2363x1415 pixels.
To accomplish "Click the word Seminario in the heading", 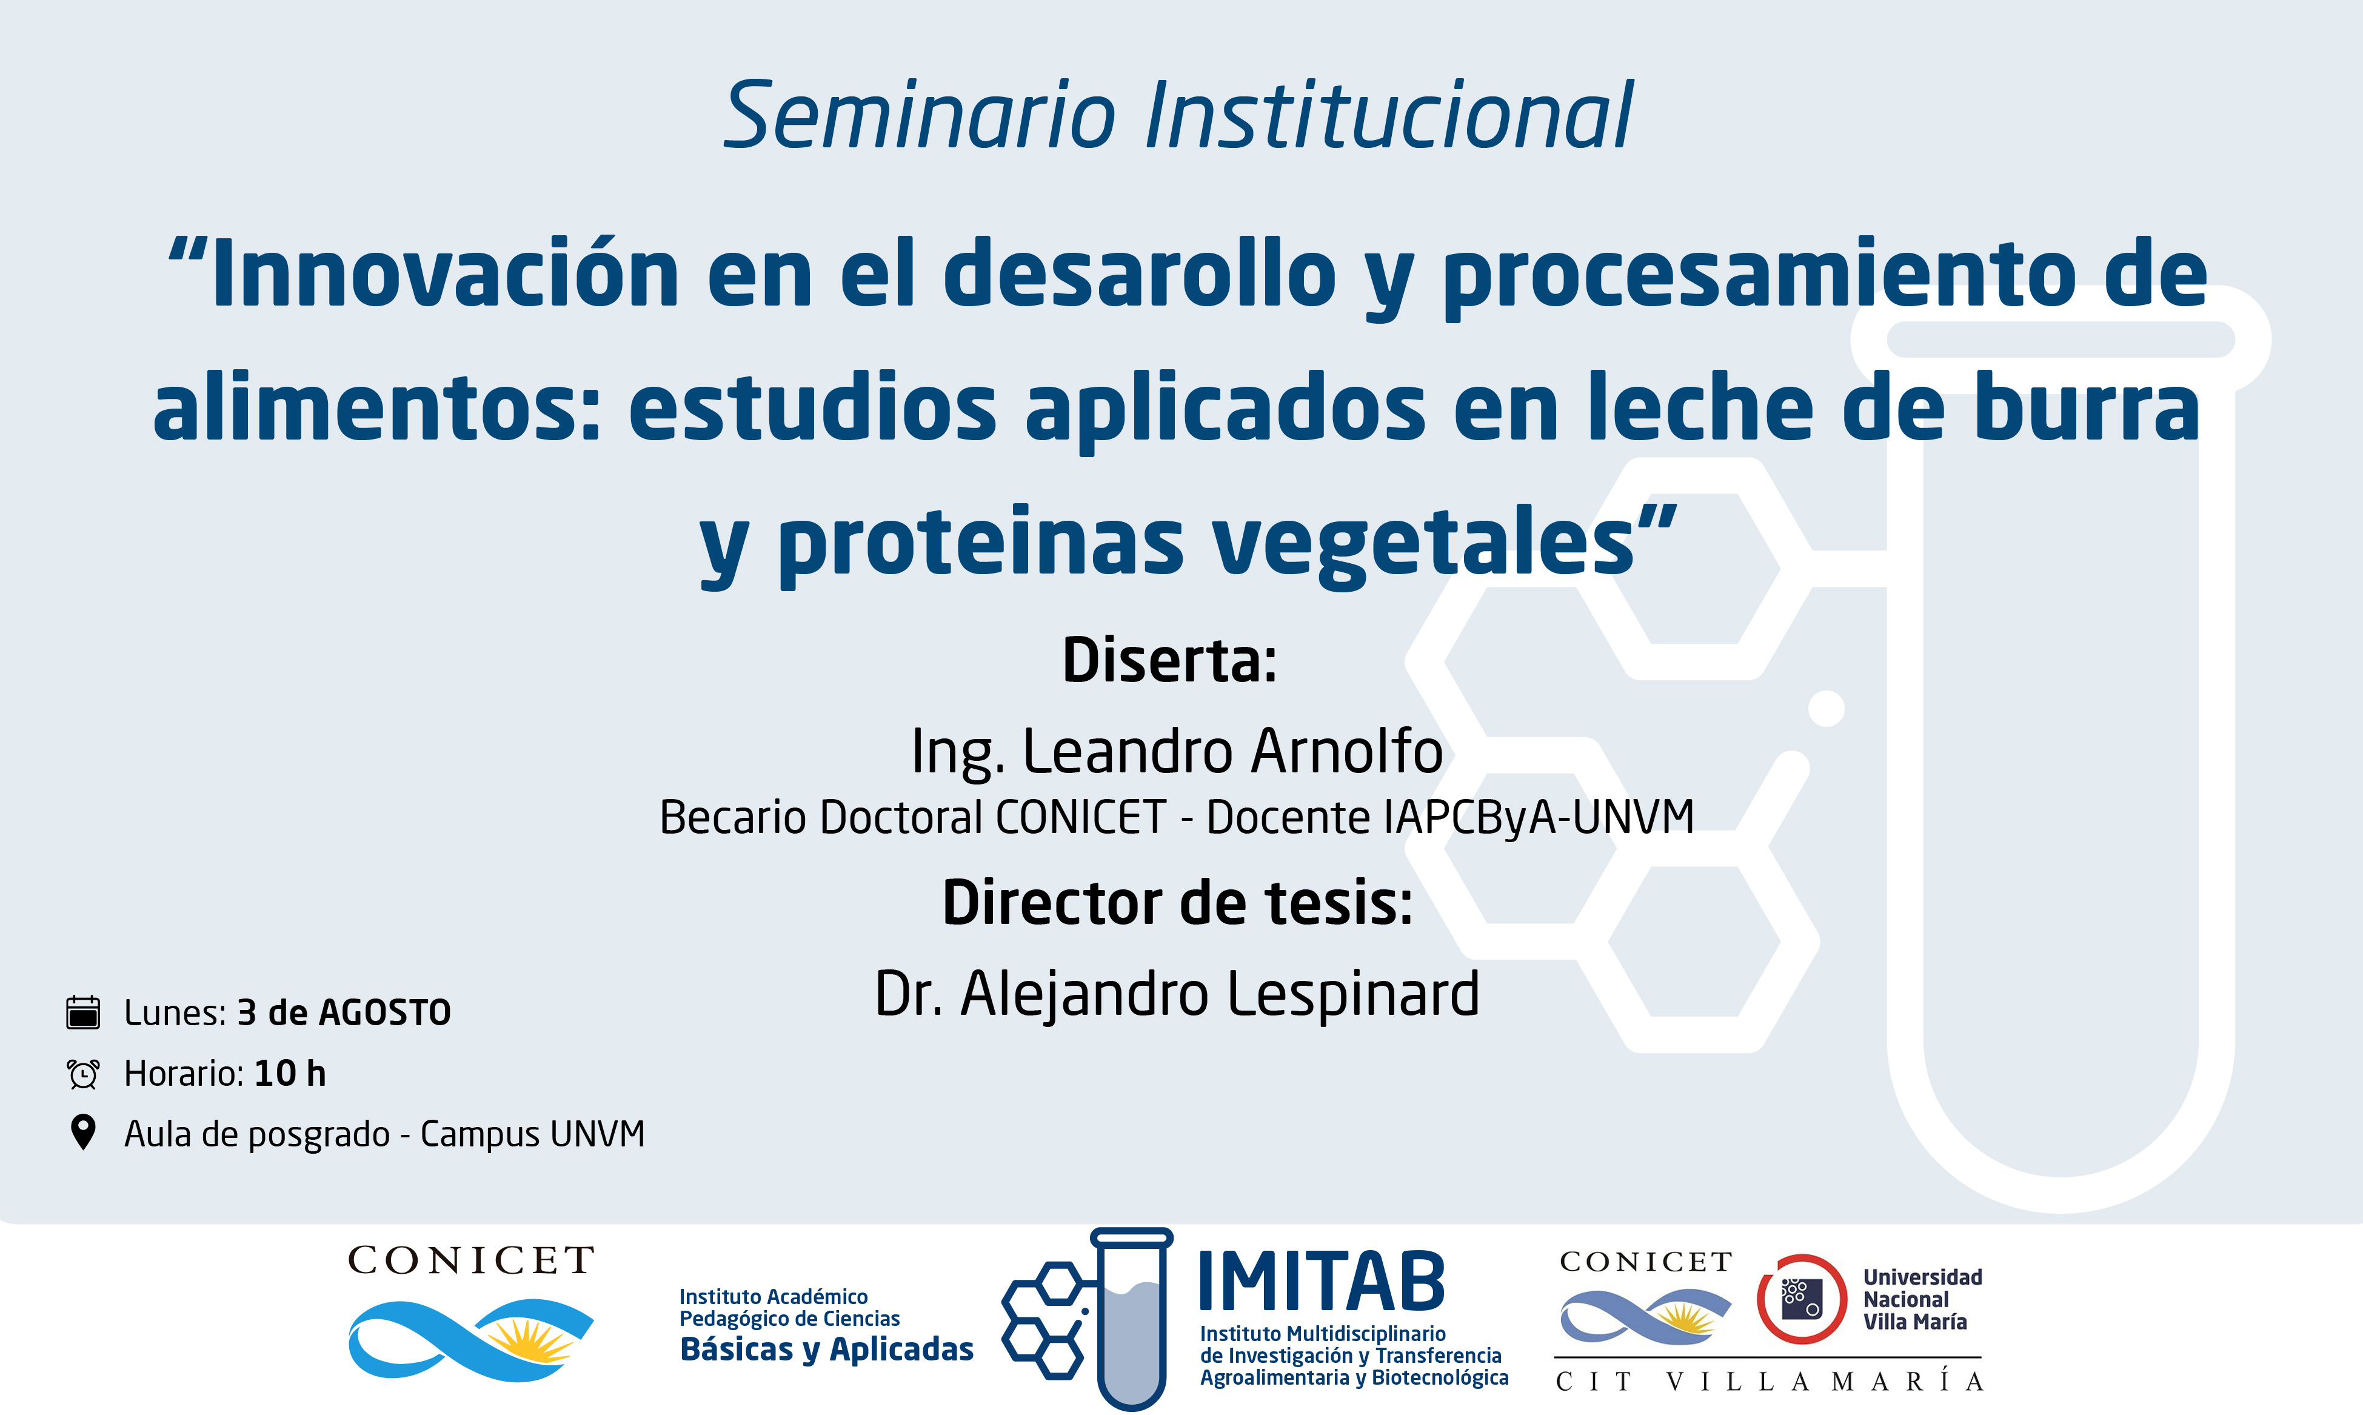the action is tap(920, 116).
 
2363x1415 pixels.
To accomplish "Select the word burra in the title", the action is tap(2088, 407).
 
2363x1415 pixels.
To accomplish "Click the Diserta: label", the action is tap(1169, 660).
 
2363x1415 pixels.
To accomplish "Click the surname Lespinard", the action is tap(1354, 994).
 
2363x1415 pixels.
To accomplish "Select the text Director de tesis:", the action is tap(1177, 902).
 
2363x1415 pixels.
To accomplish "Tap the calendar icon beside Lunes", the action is tap(83, 1012).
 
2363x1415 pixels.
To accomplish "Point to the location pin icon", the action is tap(84, 1132).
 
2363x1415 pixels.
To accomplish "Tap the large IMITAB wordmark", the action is tap(1321, 1282).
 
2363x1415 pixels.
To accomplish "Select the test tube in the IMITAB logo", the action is tap(1131, 1319).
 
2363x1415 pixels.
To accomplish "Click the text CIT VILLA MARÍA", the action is tap(1769, 1382).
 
